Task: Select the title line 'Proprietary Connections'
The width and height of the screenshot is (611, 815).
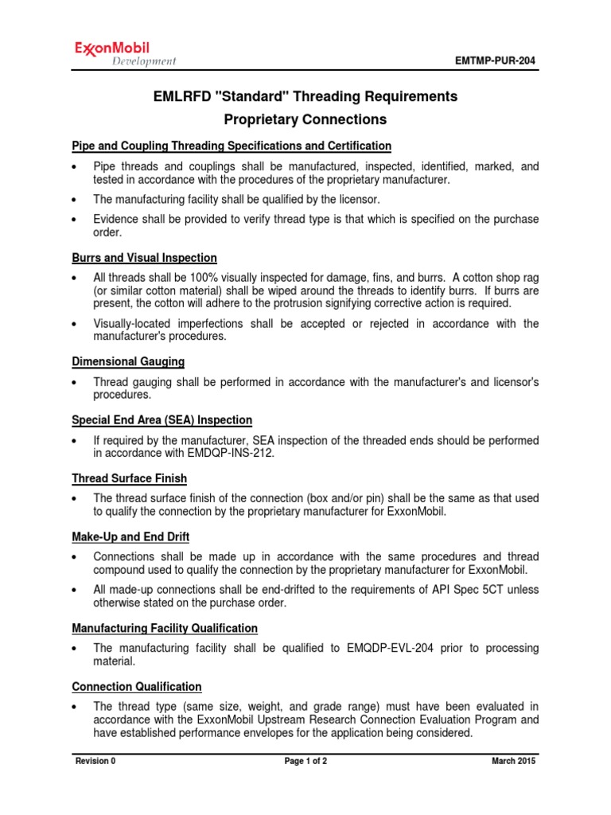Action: coord(305,120)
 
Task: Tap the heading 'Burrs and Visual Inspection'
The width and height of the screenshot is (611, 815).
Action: coord(144,259)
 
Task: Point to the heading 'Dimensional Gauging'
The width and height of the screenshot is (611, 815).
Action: coord(128,361)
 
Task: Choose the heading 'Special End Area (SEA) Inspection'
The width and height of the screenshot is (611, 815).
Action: coord(162,419)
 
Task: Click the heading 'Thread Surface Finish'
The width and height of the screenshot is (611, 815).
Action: coord(130,478)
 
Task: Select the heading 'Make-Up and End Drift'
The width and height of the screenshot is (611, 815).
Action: coord(130,536)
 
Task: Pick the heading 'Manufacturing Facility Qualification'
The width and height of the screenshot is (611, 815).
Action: coord(165,628)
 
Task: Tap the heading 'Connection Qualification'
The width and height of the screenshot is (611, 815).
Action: coord(137,686)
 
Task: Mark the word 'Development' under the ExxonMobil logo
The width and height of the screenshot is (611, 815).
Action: coord(144,62)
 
